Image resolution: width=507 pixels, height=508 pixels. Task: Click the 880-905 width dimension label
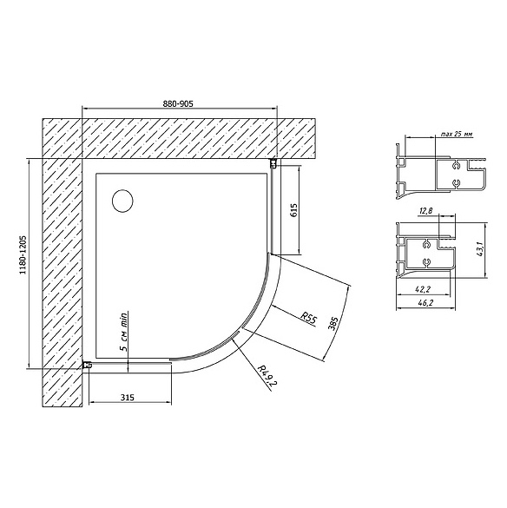click(x=178, y=103)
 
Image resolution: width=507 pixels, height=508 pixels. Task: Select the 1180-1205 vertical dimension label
click(x=23, y=255)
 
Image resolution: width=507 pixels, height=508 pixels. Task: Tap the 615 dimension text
click(x=294, y=210)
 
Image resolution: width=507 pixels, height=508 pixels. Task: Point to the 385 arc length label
click(x=333, y=323)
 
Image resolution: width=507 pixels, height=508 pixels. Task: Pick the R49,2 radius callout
click(x=266, y=375)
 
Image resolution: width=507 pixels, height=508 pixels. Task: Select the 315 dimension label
click(x=128, y=397)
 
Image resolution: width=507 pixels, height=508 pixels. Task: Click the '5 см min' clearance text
click(x=124, y=331)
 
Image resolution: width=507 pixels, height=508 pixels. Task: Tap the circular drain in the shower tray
click(x=122, y=201)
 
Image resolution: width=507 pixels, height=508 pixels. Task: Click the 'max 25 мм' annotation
click(x=457, y=134)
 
